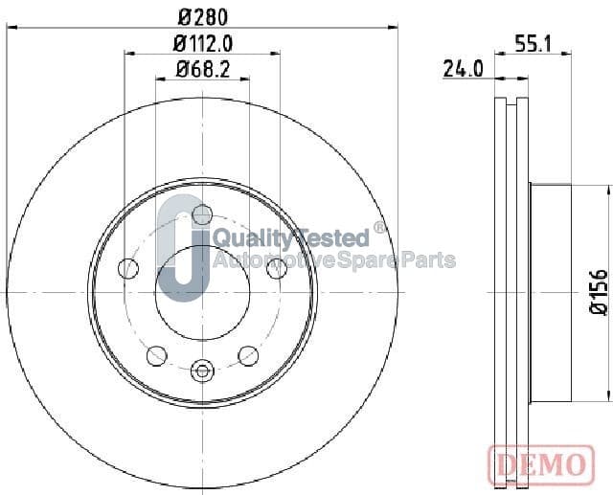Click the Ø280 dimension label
[x=202, y=17]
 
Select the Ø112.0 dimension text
[x=202, y=43]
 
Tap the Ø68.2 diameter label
[x=202, y=70]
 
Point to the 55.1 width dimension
[x=533, y=44]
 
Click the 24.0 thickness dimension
[x=463, y=69]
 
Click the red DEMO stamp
[x=541, y=464]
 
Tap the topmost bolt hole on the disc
[x=202, y=214]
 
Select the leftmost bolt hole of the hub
[x=128, y=268]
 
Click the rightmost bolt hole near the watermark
[x=277, y=268]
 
